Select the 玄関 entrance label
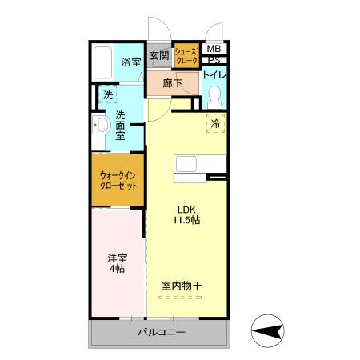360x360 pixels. (159, 55)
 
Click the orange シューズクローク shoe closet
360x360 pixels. (186, 55)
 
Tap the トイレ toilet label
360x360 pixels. (214, 75)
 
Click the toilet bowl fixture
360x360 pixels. (214, 97)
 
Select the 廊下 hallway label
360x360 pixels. (170, 82)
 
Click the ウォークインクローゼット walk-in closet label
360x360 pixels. (118, 179)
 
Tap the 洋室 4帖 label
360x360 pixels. (117, 263)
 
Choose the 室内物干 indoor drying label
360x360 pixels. (180, 286)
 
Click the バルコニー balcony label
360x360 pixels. (160, 332)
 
